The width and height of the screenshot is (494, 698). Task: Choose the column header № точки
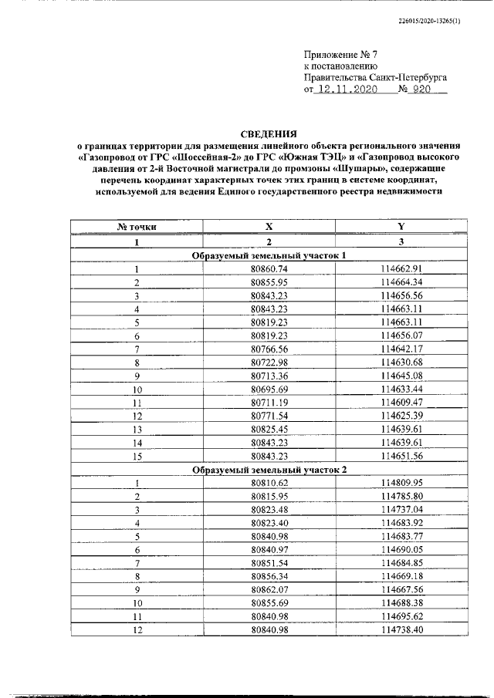[137, 227]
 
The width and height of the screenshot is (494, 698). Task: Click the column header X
[269, 227]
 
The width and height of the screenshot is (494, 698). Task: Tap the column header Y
[401, 227]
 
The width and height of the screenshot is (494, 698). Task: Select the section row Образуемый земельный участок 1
[269, 255]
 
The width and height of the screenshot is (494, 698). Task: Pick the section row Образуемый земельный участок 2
[269, 469]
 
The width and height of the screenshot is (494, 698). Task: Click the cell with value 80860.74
[269, 268]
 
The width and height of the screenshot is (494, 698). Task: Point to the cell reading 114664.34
[401, 282]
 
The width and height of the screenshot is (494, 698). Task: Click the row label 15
[137, 456]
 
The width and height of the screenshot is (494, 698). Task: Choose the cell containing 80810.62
[269, 483]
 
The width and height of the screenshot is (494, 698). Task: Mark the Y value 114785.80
[401, 496]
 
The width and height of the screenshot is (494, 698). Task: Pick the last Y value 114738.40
[401, 630]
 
